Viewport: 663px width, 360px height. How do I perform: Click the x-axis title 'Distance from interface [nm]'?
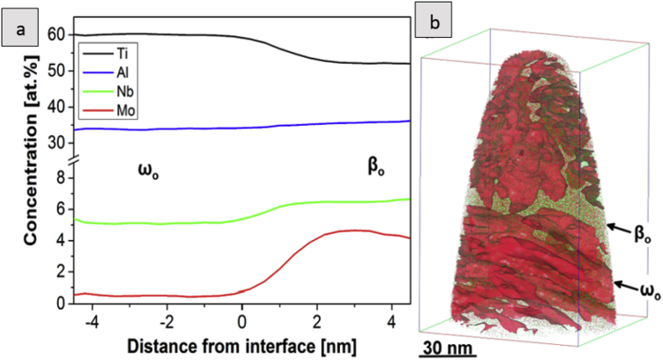tap(243, 346)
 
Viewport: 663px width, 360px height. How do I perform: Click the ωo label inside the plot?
tap(148, 170)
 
